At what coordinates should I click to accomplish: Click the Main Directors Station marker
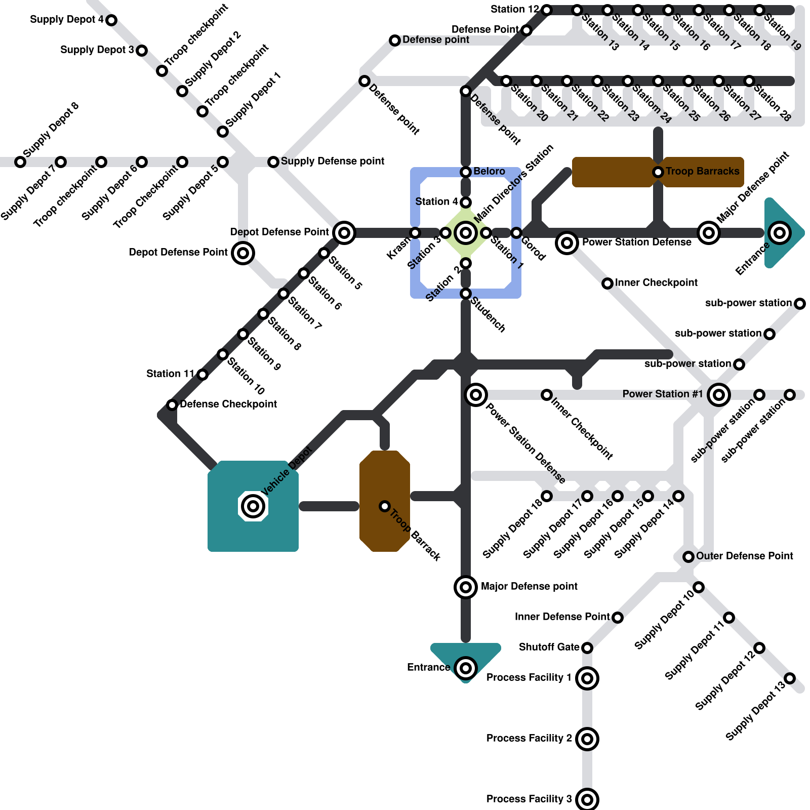pos(466,233)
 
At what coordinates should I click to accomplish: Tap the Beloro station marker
pos(466,172)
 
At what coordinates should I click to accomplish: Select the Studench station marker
pos(466,294)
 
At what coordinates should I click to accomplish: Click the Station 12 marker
pos(547,10)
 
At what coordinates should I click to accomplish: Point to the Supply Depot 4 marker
pos(111,20)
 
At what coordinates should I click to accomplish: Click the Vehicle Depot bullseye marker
pos(253,506)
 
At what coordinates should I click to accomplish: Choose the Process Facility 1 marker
pos(587,678)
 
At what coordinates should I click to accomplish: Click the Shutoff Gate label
pos(549,647)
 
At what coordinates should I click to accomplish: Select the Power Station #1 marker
pos(719,395)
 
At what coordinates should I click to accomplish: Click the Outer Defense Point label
pos(744,556)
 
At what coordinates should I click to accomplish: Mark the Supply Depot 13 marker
pos(790,678)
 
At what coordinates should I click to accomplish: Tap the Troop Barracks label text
pos(702,171)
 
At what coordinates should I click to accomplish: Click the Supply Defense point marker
pos(273,162)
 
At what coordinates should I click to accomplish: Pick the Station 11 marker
pos(202,375)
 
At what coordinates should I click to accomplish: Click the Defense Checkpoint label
pos(228,404)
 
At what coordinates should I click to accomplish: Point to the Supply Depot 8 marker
pos(20,162)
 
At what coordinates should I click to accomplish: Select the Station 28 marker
pos(749,81)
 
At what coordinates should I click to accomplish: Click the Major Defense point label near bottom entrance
pos(529,586)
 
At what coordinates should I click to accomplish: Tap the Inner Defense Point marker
pos(618,618)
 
